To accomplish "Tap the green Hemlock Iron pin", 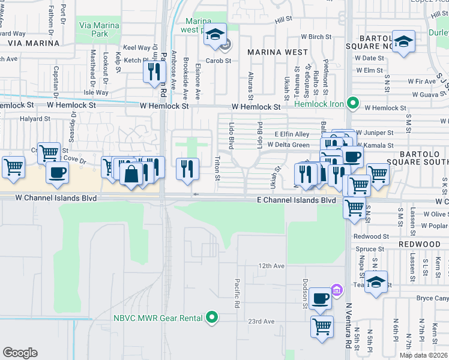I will click(354, 104).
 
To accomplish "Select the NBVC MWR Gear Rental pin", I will click(211, 318).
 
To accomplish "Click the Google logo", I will click(20, 353).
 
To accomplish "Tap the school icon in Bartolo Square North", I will click(404, 42).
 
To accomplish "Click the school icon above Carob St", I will click(214, 35).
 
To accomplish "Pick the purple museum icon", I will click(337, 291).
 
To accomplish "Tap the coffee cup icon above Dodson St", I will click(321, 298).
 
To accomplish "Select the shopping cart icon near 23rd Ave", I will click(322, 327).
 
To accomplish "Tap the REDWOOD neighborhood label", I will click(423, 245).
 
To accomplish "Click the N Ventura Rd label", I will click(348, 325).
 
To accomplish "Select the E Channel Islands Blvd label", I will click(296, 200).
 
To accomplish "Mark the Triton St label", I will click(217, 169).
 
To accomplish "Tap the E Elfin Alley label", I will click(292, 134).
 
